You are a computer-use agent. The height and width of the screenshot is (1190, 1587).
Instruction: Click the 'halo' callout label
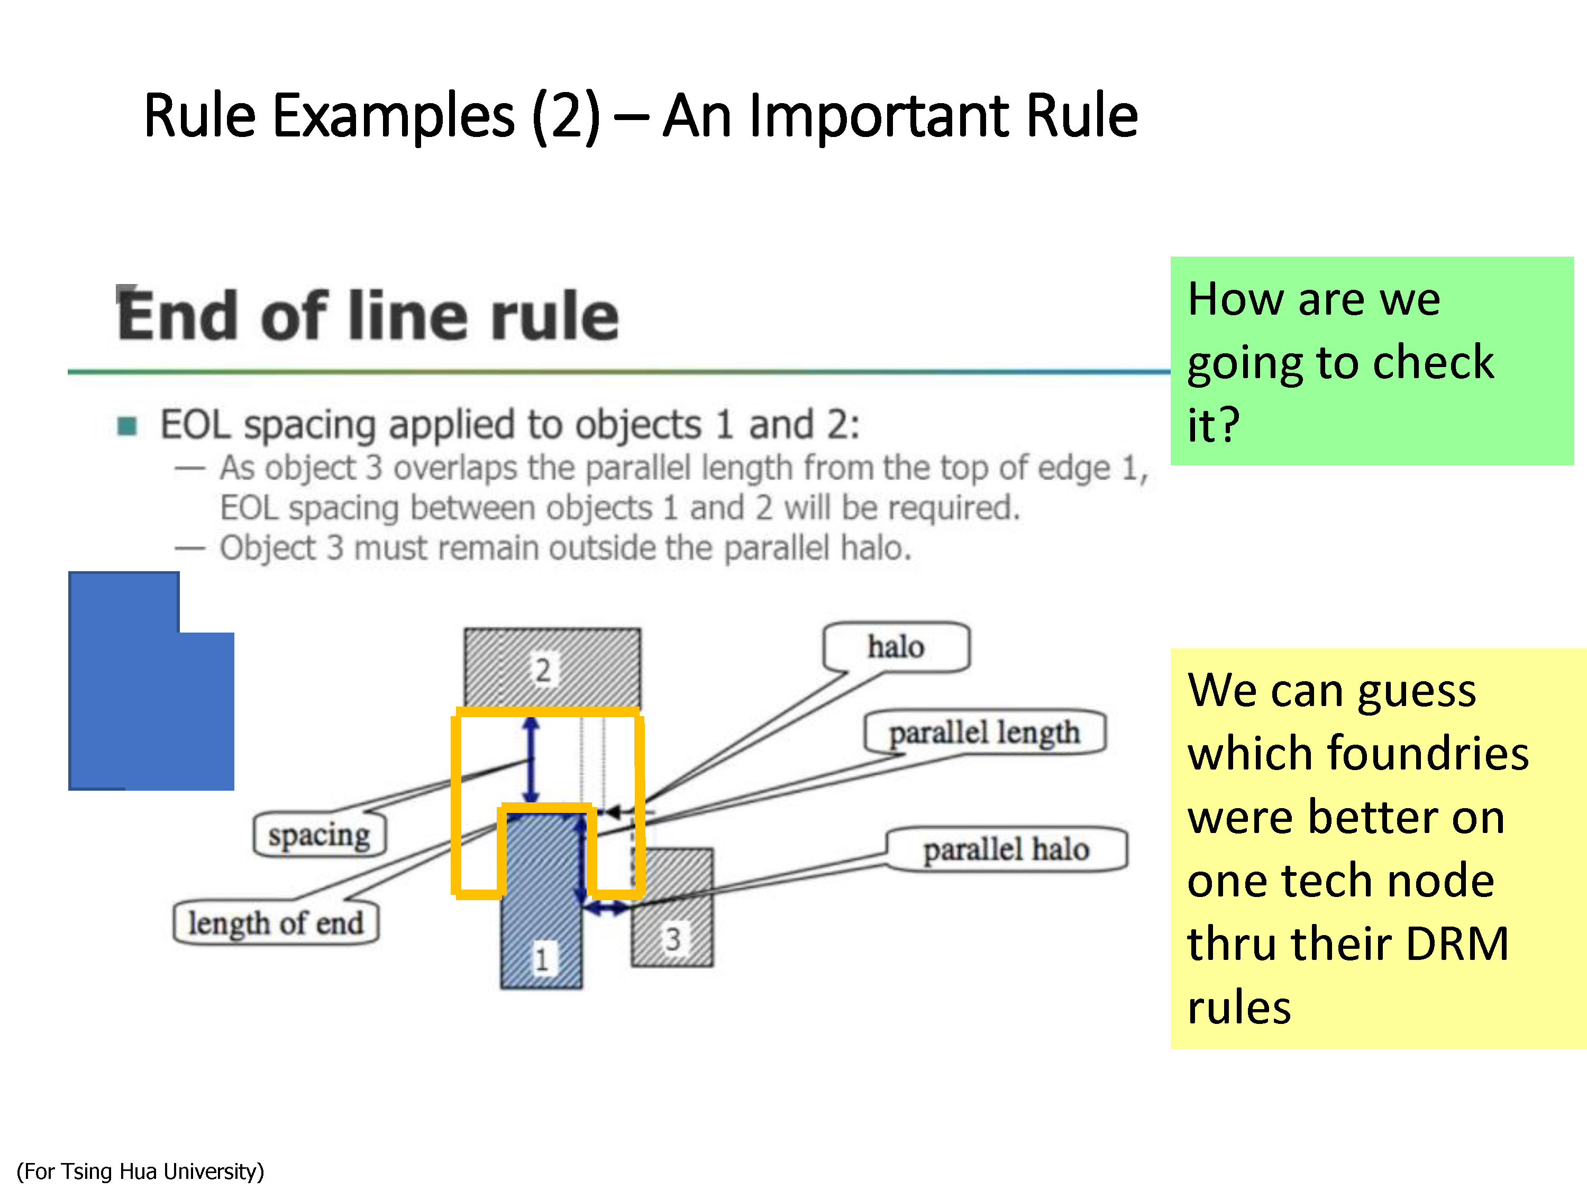(896, 647)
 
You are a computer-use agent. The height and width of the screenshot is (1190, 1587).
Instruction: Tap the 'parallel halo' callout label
(1006, 849)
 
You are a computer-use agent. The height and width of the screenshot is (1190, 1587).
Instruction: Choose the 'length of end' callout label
(276, 923)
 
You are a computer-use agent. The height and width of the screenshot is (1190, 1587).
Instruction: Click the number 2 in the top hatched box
(543, 671)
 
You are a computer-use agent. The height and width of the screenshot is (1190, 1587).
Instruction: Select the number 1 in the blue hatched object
(542, 959)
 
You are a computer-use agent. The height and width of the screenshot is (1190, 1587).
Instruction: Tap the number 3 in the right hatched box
(672, 939)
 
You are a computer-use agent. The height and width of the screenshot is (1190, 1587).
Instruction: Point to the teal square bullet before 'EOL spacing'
(127, 426)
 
